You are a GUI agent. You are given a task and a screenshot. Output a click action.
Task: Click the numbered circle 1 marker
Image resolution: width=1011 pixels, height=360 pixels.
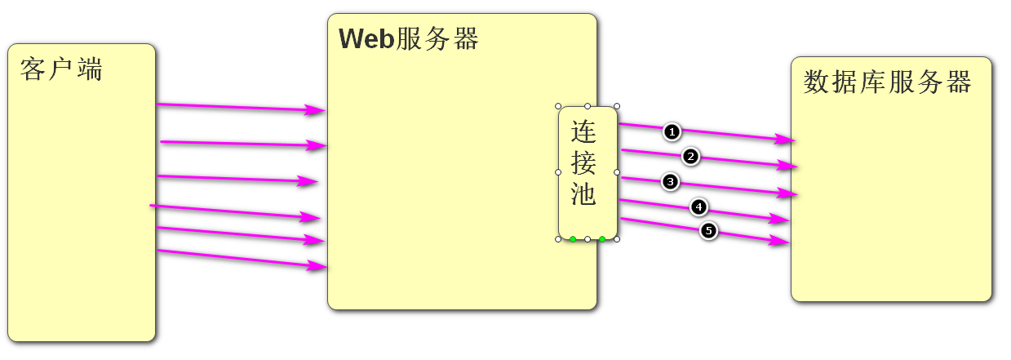pyautogui.click(x=671, y=131)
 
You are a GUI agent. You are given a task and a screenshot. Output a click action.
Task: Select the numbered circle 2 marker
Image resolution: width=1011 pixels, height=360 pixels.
pyautogui.click(x=690, y=156)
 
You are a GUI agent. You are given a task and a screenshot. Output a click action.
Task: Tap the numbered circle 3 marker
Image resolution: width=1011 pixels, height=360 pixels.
pyautogui.click(x=671, y=182)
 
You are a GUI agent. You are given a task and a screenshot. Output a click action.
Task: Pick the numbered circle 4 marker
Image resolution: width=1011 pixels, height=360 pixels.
pyautogui.click(x=698, y=207)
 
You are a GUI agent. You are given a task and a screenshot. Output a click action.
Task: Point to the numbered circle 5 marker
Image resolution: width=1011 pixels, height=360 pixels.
pyautogui.click(x=708, y=231)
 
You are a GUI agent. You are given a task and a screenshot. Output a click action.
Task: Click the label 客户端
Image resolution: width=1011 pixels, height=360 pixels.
pyautogui.click(x=62, y=69)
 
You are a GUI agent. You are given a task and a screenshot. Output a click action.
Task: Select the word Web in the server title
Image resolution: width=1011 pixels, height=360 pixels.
pyautogui.click(x=366, y=38)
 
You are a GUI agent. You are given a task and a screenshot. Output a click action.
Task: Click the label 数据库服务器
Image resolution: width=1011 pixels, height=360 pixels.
pyautogui.click(x=887, y=82)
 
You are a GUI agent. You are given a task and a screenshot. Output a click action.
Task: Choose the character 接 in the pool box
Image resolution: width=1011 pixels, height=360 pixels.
pyautogui.click(x=584, y=163)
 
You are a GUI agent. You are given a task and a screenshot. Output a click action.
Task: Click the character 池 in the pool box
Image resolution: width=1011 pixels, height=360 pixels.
pyautogui.click(x=584, y=194)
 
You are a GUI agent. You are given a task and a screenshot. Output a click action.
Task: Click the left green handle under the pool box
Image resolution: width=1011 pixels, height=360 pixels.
pyautogui.click(x=573, y=239)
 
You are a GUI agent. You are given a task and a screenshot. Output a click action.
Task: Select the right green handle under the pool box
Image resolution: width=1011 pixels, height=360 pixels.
pyautogui.click(x=602, y=239)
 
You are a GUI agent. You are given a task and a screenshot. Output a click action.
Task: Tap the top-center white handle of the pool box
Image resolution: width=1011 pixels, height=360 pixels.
pyautogui.click(x=588, y=106)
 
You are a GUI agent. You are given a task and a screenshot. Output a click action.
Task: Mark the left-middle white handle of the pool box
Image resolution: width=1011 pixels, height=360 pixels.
pyautogui.click(x=558, y=172)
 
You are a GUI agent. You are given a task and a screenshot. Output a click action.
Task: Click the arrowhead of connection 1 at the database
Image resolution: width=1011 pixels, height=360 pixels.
pyautogui.click(x=785, y=140)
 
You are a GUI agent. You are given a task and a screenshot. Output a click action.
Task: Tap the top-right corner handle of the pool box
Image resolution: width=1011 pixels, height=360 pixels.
pyautogui.click(x=617, y=106)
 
